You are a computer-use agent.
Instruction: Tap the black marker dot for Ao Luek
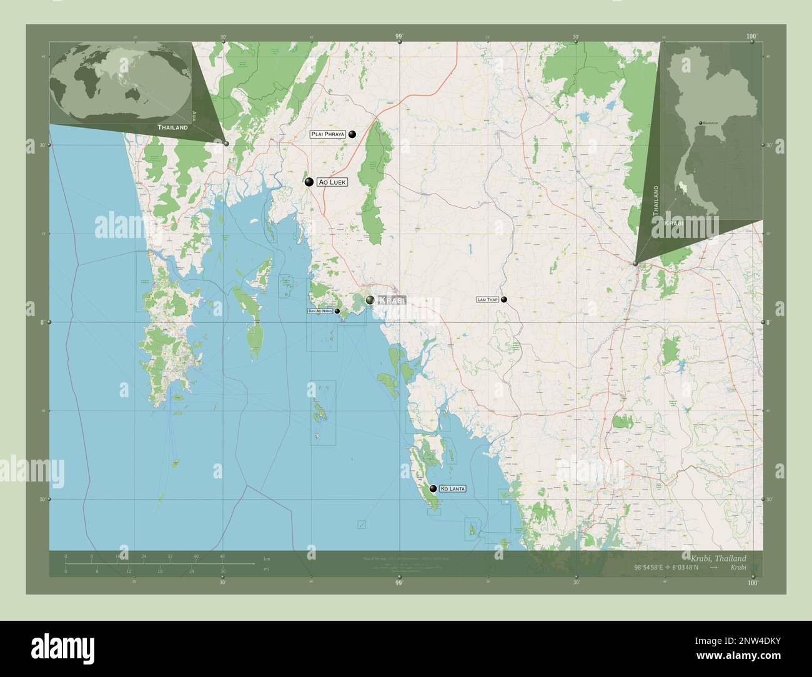click(309, 182)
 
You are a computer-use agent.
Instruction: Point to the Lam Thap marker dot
click(503, 299)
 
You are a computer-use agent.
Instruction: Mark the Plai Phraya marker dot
click(352, 134)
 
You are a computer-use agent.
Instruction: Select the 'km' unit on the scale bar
click(267, 558)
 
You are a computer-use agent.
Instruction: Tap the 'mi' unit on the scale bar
click(267, 569)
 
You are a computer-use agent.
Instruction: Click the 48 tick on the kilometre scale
click(222, 556)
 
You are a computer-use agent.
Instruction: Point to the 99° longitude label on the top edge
click(399, 37)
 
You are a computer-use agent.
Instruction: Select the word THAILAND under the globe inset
click(172, 127)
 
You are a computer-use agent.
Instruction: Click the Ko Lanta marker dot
click(433, 489)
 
